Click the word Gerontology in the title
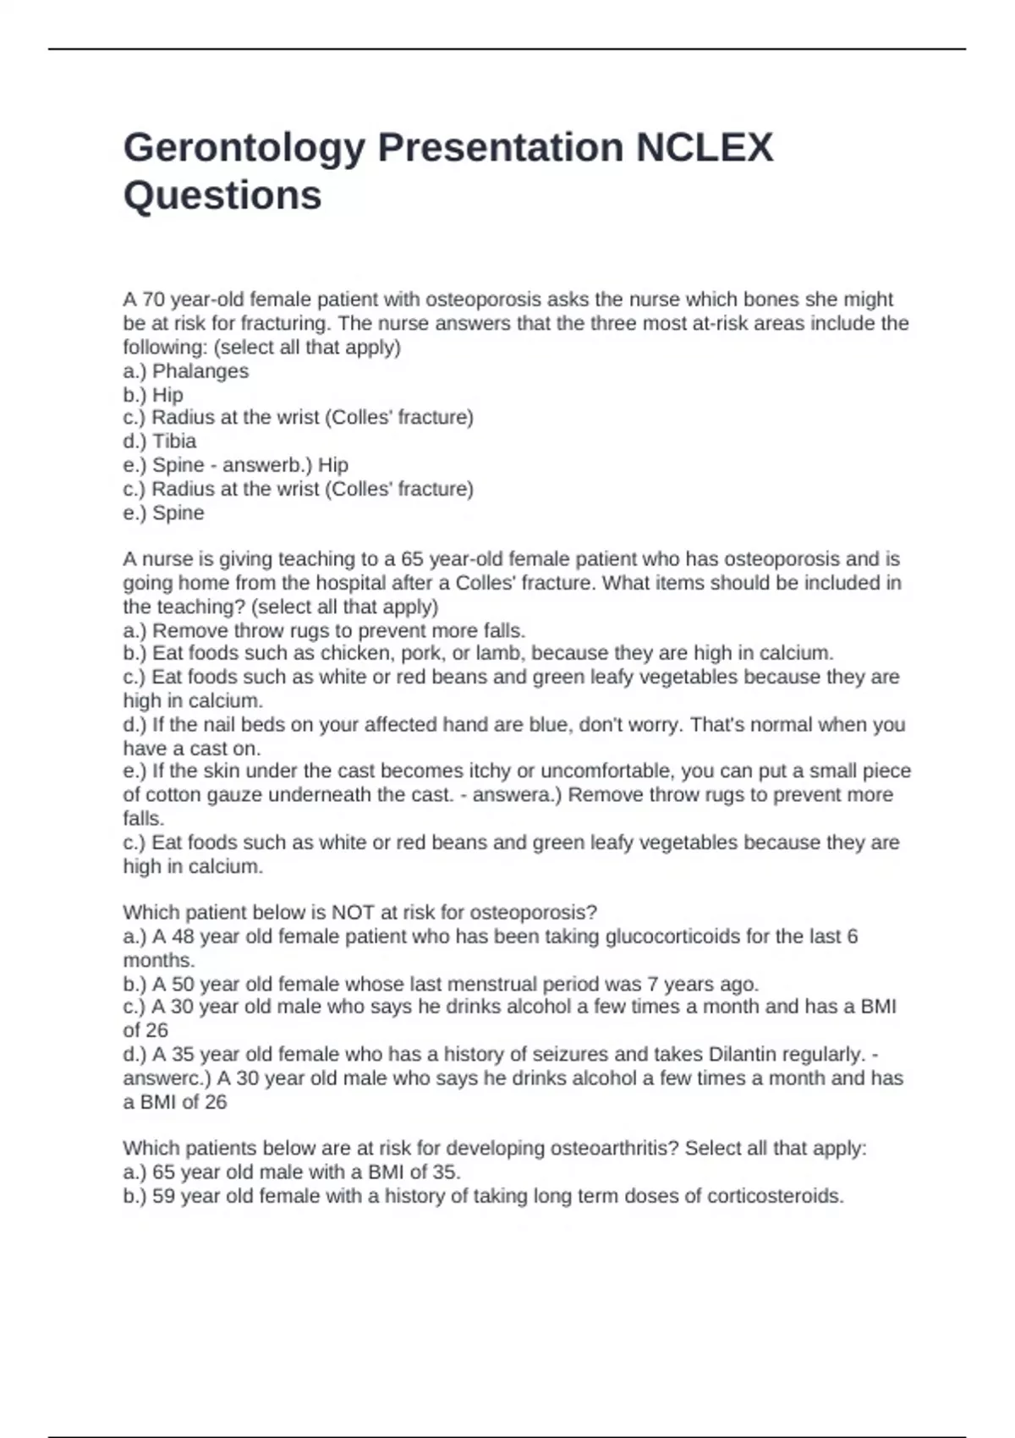coord(244,148)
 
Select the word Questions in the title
coord(222,195)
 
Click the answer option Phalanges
coord(200,370)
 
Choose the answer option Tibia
coord(174,441)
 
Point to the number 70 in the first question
coord(153,299)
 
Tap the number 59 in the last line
coord(164,1196)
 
